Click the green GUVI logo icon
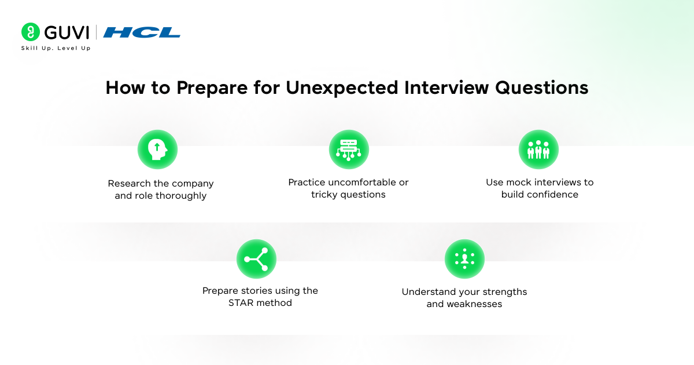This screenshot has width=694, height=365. point(30,32)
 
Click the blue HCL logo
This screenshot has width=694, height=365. point(142,32)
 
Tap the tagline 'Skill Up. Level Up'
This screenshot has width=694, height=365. point(56,48)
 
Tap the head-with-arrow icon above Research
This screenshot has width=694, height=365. point(157,149)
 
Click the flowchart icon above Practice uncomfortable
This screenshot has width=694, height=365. point(349,149)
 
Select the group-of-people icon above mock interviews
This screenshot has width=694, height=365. point(538,149)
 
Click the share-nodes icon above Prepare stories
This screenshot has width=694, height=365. point(256,259)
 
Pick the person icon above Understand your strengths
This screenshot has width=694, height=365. point(464,259)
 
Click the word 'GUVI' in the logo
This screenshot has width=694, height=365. point(65,32)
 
